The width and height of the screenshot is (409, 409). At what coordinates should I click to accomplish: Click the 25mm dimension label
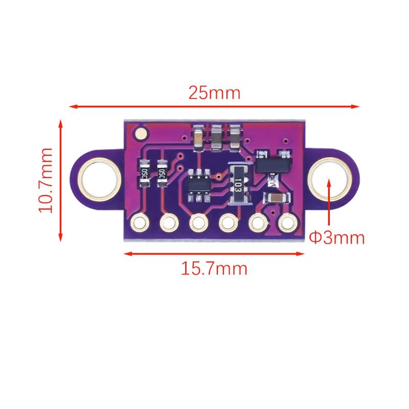coord(214,93)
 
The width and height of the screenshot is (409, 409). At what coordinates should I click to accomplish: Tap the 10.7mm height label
coord(46,180)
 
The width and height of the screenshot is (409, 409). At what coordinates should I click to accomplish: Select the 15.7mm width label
coord(214,268)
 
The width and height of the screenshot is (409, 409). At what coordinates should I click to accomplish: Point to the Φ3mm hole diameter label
coord(336,238)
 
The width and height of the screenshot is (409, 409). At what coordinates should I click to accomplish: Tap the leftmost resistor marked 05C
coord(144,173)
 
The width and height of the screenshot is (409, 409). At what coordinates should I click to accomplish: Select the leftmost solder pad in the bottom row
coord(140,222)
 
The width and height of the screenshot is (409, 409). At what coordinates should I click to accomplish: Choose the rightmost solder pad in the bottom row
coord(288,222)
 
